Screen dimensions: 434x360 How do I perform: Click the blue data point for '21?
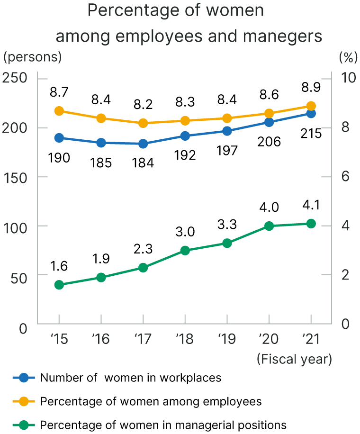tap(311, 113)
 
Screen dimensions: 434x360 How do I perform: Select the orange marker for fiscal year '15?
tap(59, 111)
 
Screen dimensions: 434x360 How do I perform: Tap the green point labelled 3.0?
tap(185, 251)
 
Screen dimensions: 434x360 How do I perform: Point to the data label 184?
tap(143, 163)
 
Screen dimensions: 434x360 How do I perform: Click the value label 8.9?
tap(311, 87)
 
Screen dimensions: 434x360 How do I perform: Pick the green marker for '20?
tap(269, 226)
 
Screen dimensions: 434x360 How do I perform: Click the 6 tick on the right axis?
tap(346, 176)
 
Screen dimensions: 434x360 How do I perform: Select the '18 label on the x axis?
tap(185, 339)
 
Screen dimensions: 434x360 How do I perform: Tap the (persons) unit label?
tap(33, 57)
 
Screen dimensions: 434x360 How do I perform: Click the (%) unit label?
tap(347, 57)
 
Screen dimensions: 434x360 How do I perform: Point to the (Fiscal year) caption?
tap(294, 359)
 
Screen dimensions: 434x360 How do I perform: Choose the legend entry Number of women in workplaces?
tap(131, 378)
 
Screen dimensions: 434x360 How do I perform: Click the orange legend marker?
tap(24, 401)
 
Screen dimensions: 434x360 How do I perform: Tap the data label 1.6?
tap(59, 266)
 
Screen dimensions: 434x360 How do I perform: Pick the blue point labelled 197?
tap(227, 131)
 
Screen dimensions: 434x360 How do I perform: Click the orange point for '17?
tap(143, 123)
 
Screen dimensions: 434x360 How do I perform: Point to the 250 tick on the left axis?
tap(16, 78)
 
